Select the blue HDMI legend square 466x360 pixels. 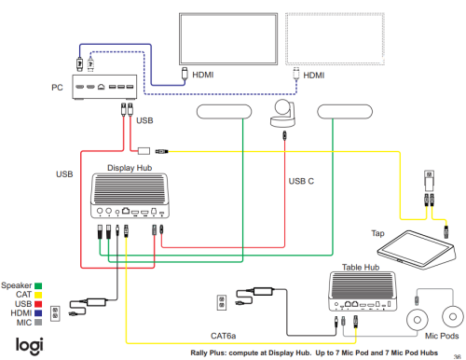coord(40,313)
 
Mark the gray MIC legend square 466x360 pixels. coord(40,323)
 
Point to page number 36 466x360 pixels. coord(456,353)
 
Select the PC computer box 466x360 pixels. coord(103,87)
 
